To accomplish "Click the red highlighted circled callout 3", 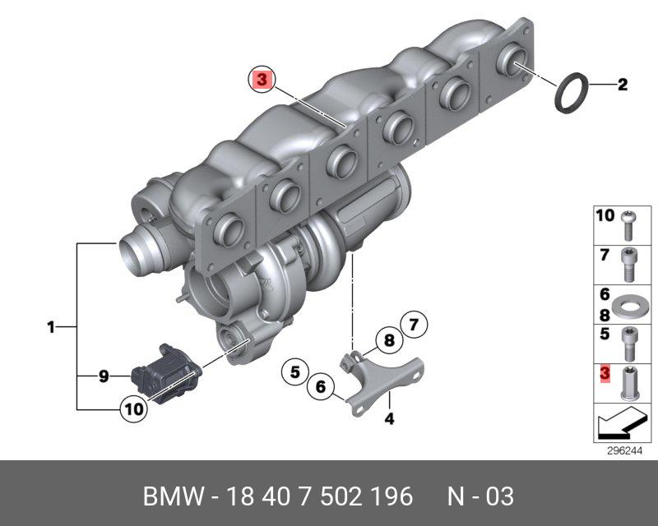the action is click(262, 79).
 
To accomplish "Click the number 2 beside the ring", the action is click(623, 85).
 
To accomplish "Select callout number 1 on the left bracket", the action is click(51, 327).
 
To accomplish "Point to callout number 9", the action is click(104, 376).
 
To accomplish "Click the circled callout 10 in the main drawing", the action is click(134, 408).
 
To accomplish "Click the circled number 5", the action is click(295, 371).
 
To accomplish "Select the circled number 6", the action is click(321, 386).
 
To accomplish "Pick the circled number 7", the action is click(414, 325).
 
